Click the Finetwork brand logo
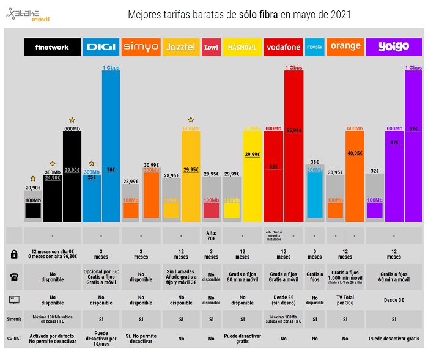pyautogui.click(x=53, y=47)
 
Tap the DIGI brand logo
pyautogui.click(x=101, y=47)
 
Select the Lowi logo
pyautogui.click(x=211, y=47)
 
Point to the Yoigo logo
pyautogui.click(x=393, y=47)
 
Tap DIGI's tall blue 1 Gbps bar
pyautogui.click(x=111, y=147)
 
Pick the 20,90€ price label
pyautogui.click(x=33, y=188)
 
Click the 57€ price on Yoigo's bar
pyautogui.click(x=413, y=128)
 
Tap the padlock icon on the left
pyautogui.click(x=14, y=254)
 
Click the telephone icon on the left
pyautogui.click(x=14, y=276)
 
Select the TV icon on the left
pyautogui.click(x=14, y=298)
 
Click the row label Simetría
pyautogui.click(x=14, y=318)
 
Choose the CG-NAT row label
pyautogui.click(x=14, y=338)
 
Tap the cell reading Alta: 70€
pyautogui.click(x=211, y=235)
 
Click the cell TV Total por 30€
pyautogui.click(x=345, y=298)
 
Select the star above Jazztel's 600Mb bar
pyautogui.click(x=191, y=120)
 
